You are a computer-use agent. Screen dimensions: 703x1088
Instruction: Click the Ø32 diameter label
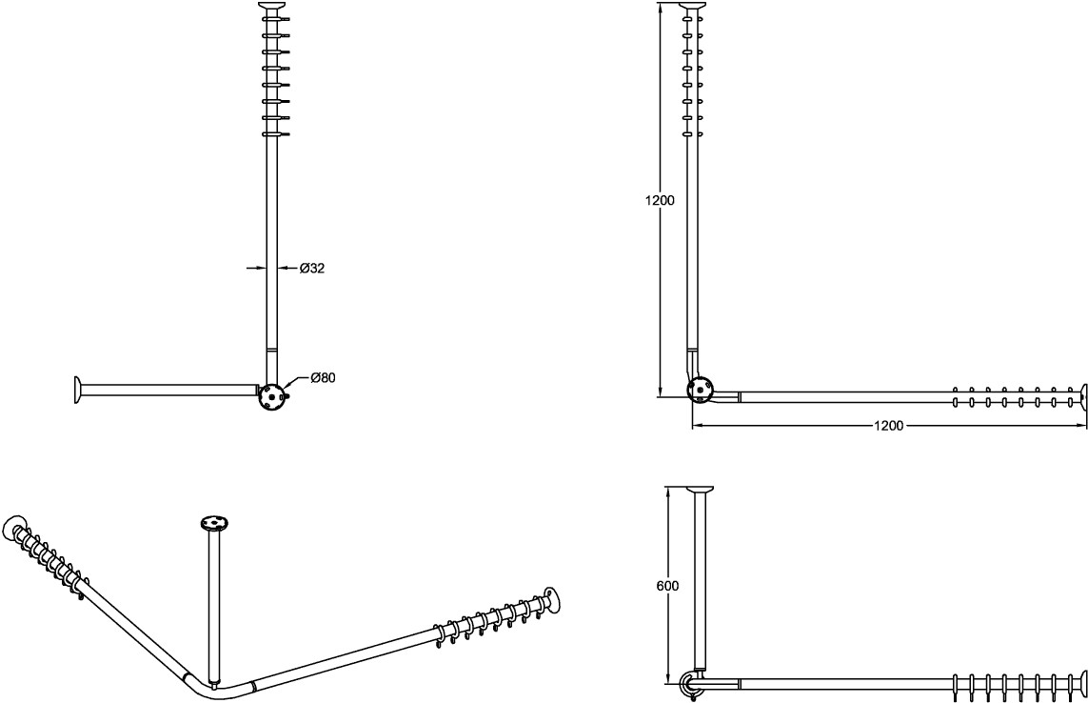coord(312,269)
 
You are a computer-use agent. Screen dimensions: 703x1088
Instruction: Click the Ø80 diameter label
coord(322,378)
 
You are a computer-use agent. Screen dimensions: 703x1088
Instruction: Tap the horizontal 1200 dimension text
coord(888,425)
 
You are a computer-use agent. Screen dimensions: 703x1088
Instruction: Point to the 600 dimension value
coord(667,587)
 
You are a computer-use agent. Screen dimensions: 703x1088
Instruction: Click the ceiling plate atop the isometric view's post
coord(215,522)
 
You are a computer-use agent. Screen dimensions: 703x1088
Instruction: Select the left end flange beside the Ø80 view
coord(75,390)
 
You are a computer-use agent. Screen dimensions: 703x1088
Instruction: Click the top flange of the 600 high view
coord(701,491)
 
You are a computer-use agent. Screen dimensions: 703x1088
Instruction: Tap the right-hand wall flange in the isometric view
coord(552,597)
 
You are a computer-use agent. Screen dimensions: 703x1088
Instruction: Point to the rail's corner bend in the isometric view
coord(205,687)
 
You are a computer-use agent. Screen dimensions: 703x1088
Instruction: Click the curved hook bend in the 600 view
coord(688,681)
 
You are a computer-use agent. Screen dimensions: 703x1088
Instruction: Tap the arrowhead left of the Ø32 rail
coord(260,269)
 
